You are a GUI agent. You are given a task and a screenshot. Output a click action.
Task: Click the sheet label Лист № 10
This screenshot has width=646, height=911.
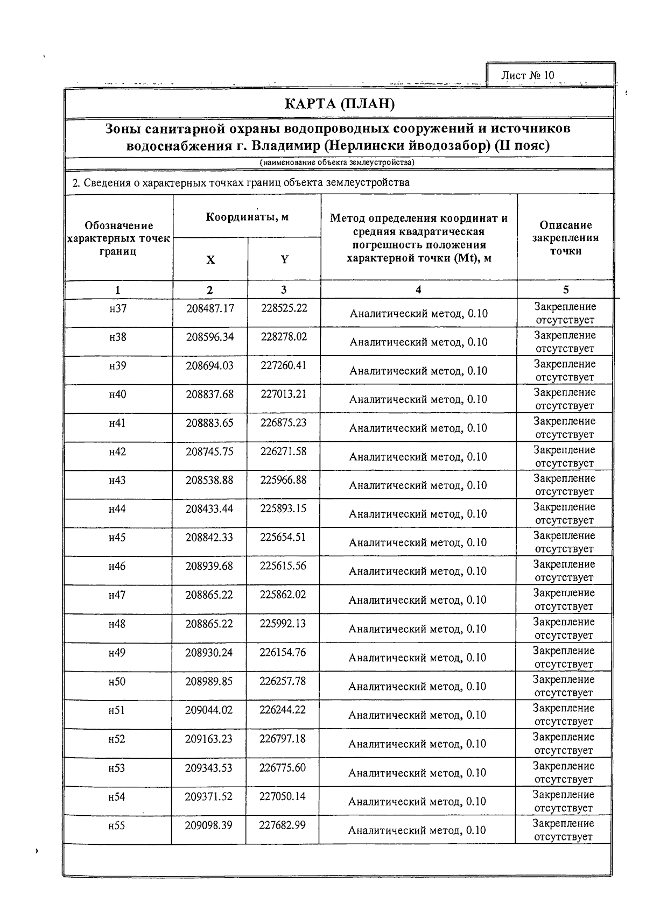pos(527,75)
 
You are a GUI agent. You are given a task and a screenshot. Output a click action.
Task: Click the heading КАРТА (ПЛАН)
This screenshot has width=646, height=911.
pos(340,103)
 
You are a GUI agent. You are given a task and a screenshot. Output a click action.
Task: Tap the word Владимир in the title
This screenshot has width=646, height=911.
pos(285,146)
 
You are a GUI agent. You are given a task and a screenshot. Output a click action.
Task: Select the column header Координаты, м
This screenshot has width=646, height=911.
pos(247,217)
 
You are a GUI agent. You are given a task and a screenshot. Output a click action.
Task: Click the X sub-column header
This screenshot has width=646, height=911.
pos(210,259)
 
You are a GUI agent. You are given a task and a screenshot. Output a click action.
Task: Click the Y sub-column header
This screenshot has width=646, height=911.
pos(284,259)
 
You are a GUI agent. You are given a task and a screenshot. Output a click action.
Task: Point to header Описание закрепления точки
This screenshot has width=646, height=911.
pos(565,238)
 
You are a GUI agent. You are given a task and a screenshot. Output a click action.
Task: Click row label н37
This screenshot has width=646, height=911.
pos(117,308)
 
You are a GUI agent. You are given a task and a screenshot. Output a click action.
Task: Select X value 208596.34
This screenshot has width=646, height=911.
pos(209,337)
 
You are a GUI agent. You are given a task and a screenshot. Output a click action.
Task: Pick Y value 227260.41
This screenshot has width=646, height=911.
pos(283,365)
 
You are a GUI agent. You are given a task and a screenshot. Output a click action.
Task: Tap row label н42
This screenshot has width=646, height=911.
pos(117,451)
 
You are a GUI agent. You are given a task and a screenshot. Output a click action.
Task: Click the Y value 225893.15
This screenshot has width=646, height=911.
pos(283,509)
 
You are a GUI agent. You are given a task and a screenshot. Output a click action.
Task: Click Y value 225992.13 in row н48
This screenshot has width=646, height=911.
pos(283,623)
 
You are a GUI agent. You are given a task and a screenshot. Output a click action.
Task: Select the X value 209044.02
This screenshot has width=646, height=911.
pos(209,710)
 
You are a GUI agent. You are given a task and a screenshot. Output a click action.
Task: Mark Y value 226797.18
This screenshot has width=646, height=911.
pos(282,738)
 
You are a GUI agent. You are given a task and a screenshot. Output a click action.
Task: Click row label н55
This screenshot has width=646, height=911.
pos(116,825)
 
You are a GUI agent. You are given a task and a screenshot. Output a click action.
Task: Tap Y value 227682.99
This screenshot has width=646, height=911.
pos(282,824)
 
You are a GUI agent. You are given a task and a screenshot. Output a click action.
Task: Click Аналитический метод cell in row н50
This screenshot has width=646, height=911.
pos(417,686)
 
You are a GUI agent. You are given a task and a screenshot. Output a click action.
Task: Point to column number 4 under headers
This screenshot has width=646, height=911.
pos(418,289)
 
